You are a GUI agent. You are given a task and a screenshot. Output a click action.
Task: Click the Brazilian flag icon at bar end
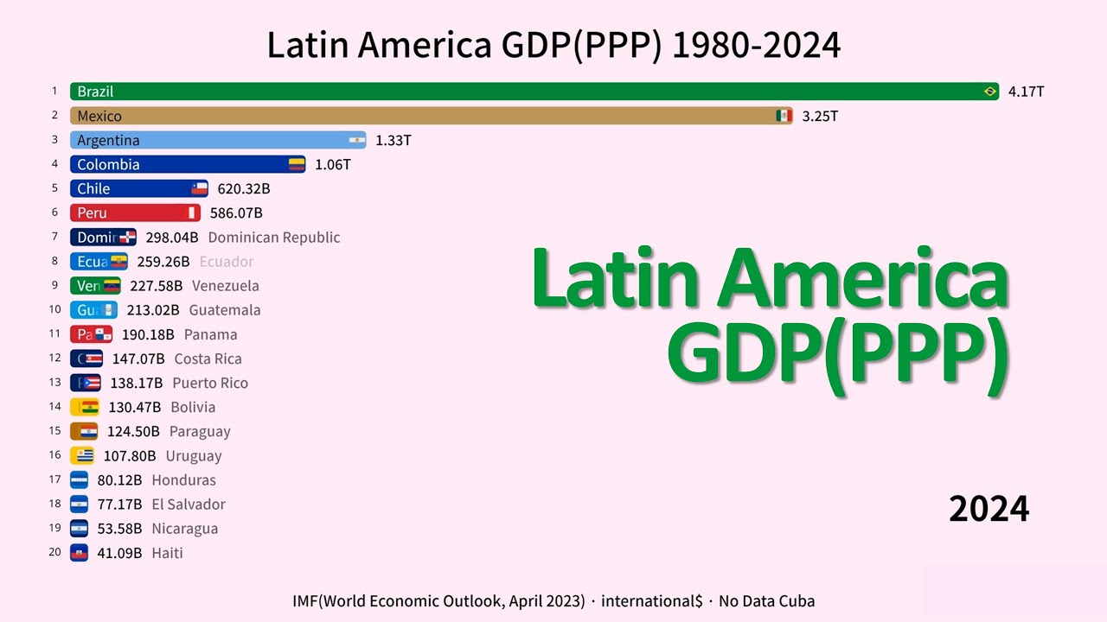990,92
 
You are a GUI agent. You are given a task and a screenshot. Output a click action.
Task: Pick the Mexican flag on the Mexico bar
784,116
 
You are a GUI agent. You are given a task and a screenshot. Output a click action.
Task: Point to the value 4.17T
1027,92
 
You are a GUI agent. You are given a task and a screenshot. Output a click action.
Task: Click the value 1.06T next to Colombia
333,164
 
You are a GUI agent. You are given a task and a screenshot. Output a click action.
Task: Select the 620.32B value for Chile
244,188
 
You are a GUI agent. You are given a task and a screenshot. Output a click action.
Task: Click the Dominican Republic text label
274,238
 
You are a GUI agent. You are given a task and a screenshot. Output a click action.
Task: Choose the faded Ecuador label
227,262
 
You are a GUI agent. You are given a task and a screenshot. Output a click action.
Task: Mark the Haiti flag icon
80,553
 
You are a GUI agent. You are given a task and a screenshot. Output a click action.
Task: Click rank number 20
54,552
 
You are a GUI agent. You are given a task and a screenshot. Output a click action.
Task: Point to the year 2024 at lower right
989,510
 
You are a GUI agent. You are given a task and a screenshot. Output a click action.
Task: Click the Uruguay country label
194,456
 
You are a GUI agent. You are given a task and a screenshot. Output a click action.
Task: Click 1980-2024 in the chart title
756,46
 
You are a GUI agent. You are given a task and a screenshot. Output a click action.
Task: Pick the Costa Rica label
208,359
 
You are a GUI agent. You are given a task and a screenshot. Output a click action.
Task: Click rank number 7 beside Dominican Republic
54,237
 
